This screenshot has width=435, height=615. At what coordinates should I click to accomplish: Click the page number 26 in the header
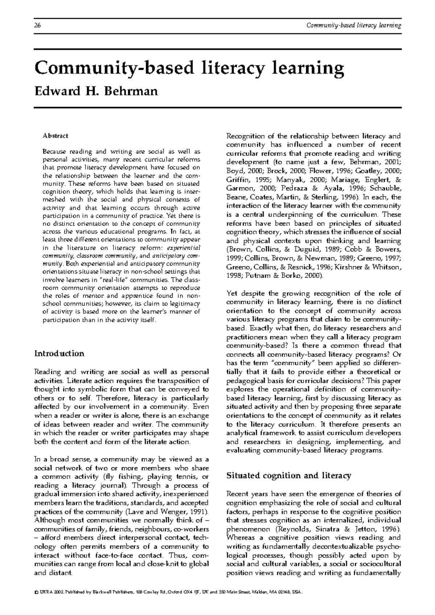[37, 25]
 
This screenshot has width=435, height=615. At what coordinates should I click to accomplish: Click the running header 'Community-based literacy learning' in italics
[353, 25]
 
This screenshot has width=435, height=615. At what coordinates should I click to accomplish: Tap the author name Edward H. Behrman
[96, 91]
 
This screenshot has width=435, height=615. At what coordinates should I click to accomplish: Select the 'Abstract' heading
[55, 136]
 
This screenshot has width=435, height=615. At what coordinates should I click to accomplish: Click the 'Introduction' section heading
[59, 353]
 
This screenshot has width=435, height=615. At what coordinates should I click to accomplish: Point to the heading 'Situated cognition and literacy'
[288, 476]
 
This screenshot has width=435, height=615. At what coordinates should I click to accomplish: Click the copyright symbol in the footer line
[36, 592]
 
